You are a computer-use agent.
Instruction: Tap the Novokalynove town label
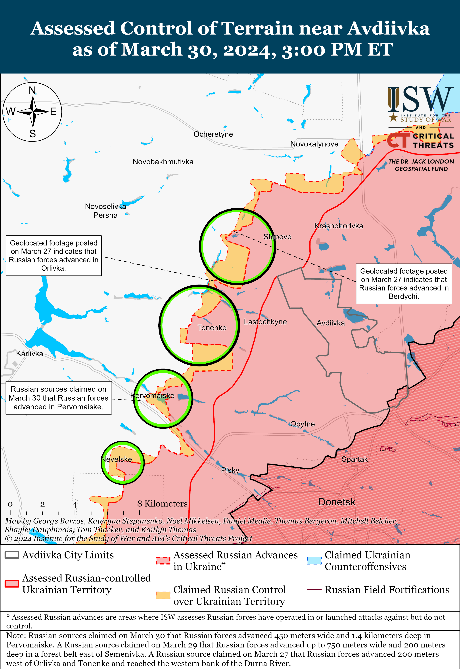[x=314, y=144]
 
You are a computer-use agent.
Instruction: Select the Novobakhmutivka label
[x=163, y=162]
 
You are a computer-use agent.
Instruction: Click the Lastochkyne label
[x=265, y=322]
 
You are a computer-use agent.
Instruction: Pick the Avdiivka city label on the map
[x=331, y=323]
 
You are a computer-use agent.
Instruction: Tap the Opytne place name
[x=302, y=424]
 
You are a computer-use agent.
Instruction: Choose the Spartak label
[x=355, y=459]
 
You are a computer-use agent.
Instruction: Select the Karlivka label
[x=29, y=354]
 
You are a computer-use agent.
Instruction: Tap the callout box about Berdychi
[x=404, y=284]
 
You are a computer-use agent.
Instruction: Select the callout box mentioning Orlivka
[x=54, y=256]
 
